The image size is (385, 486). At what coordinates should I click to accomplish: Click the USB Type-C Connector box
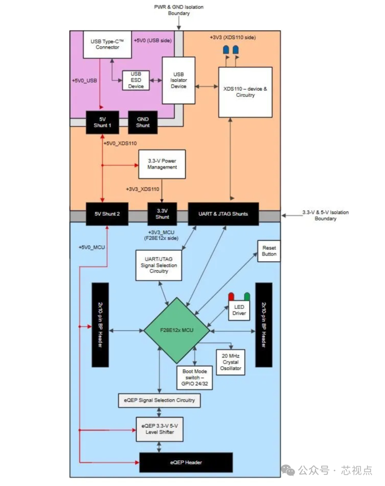107,44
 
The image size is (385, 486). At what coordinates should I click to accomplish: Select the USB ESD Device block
136,80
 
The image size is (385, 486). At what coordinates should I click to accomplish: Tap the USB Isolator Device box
179,80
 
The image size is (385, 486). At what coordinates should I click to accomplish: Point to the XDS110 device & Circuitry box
245,92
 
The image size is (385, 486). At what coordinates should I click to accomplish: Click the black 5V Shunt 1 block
102,122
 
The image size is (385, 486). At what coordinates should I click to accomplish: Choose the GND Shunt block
143,122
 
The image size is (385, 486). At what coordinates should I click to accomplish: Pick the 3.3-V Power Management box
162,164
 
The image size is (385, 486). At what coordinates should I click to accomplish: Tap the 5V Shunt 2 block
107,214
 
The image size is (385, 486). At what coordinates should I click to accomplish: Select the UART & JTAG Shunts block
223,214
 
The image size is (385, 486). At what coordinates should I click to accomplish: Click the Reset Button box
269,251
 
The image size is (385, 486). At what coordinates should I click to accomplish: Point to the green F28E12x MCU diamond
176,330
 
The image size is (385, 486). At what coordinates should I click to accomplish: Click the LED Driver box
239,310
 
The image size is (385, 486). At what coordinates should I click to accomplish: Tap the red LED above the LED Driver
231,297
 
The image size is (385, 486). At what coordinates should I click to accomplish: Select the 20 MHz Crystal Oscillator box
231,362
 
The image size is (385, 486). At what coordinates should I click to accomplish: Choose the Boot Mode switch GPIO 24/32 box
195,378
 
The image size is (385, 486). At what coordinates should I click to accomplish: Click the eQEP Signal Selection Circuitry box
159,400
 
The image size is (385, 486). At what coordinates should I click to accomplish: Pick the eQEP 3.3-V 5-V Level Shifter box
159,429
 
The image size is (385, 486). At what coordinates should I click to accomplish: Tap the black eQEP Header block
186,462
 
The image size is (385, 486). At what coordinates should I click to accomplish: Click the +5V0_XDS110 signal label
120,143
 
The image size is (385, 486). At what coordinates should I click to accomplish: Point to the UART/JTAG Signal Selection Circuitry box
159,265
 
